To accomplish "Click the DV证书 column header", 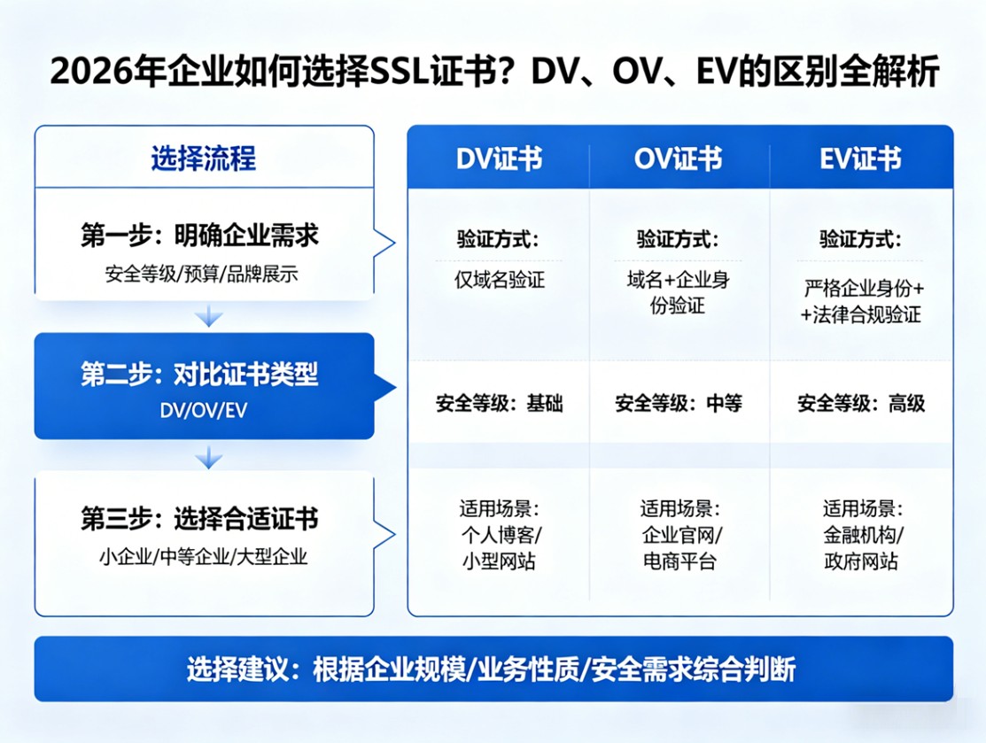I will point(499,159).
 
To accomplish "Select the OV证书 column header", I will point(679,159).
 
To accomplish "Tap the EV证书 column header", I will point(860,159).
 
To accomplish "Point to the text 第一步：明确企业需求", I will point(199,236).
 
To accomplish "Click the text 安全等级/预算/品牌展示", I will point(201,274).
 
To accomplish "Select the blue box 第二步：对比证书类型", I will point(204,386).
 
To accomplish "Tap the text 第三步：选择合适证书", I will point(199,518).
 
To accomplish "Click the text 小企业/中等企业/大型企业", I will point(203,557).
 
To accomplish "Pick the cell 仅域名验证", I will point(499,281).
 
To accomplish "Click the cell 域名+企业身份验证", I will point(678,293).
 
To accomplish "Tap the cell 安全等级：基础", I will point(499,404).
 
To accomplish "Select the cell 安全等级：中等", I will point(679,404).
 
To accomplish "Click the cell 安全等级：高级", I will point(861,404).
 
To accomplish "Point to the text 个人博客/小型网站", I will point(499,549).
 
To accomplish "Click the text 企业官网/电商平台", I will point(679,549).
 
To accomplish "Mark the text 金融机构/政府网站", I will point(861,549).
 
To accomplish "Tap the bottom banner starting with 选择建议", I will point(493,669).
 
